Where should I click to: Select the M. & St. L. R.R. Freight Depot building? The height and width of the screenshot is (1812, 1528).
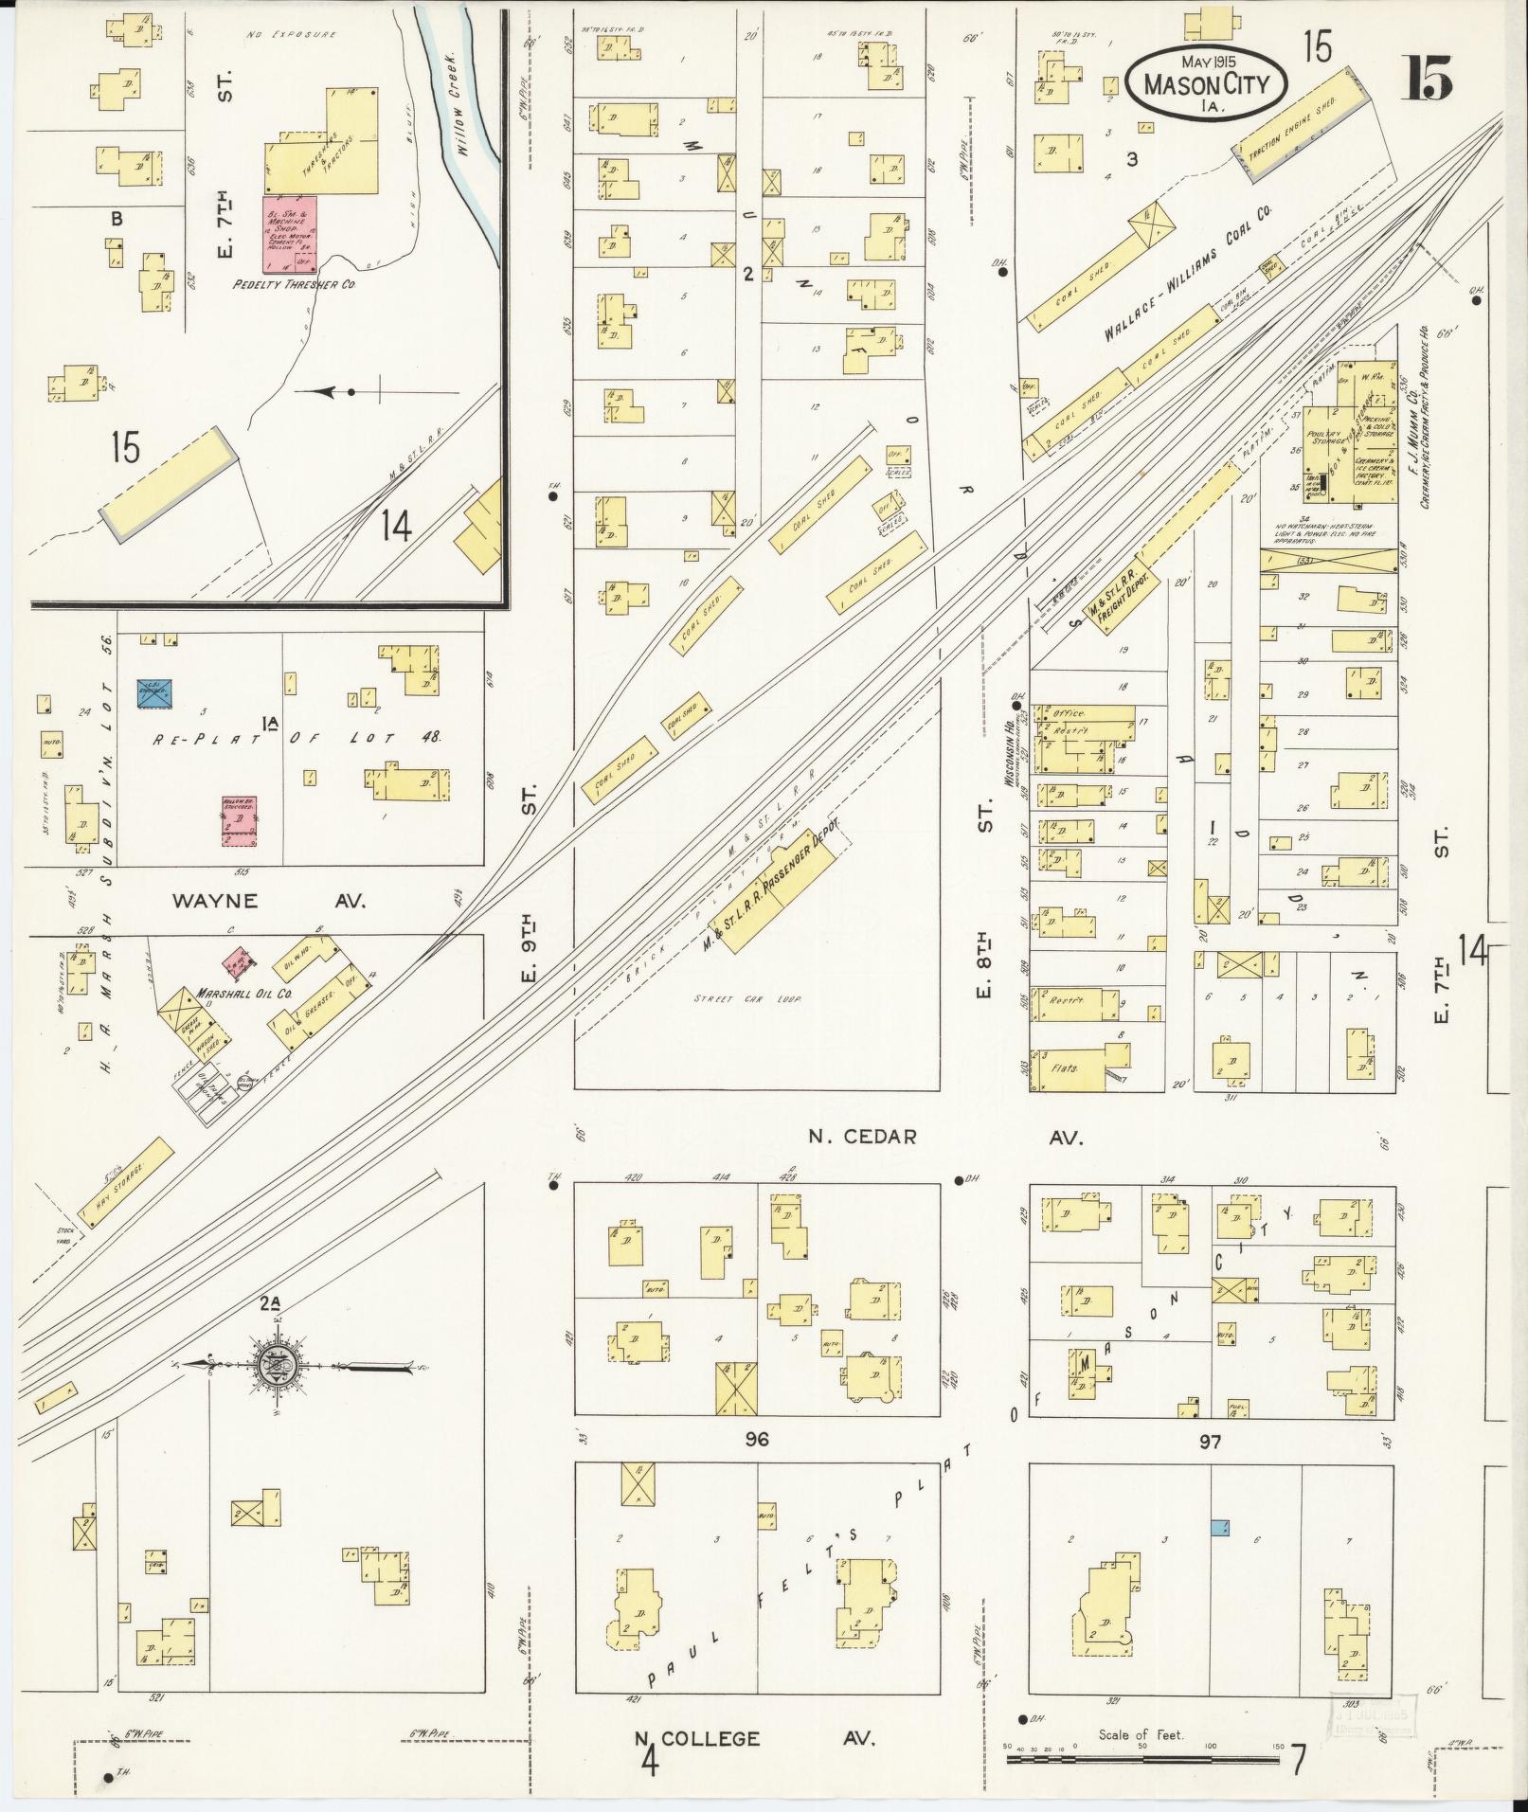1120,599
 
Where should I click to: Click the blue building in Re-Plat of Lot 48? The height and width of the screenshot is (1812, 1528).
154,692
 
